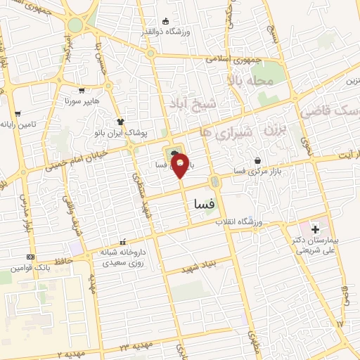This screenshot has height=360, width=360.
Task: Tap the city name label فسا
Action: (205, 203)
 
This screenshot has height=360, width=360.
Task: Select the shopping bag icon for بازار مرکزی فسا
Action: (258, 161)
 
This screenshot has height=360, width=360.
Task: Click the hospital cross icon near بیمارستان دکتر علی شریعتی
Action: (314, 229)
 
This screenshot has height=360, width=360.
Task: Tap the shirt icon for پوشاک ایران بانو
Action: (120, 122)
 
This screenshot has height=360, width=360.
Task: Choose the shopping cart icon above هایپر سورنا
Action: (82, 90)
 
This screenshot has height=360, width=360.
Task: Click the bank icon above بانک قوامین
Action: (30, 257)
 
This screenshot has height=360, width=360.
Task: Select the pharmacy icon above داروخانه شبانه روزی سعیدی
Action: (124, 241)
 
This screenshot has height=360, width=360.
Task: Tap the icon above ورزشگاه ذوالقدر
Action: (165, 20)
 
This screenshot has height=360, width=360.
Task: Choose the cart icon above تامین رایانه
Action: (19, 112)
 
